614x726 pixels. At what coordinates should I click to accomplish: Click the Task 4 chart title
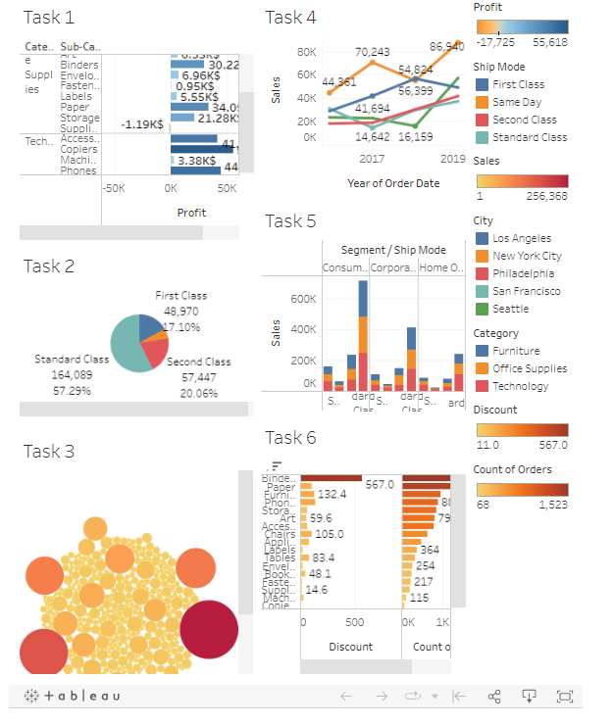[x=290, y=18]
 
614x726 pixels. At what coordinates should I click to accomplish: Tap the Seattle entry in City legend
[x=510, y=309]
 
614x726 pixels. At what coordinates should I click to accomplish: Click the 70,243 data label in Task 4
[x=372, y=51]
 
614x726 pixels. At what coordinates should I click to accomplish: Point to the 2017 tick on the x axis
[x=372, y=158]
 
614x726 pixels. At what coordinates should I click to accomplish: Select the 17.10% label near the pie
[x=181, y=326]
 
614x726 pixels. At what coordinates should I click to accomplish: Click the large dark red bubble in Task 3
[x=209, y=629]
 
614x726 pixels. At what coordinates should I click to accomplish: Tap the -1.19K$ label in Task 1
[x=142, y=124]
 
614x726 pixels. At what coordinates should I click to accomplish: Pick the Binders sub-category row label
[x=78, y=65]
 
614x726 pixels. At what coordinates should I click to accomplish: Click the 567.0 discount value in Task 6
[x=379, y=484]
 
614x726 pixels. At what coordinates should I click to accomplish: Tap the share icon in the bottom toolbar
[x=494, y=696]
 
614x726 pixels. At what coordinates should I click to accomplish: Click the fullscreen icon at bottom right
[x=564, y=696]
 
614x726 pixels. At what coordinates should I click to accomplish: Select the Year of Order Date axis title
[x=392, y=182]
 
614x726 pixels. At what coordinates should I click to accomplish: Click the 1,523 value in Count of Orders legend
[x=552, y=505]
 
